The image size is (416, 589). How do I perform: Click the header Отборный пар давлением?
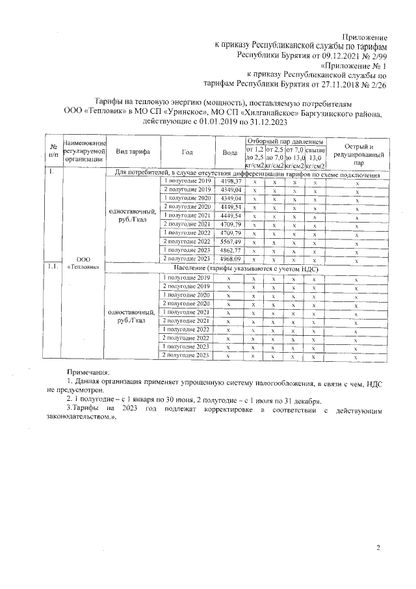tap(285, 141)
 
